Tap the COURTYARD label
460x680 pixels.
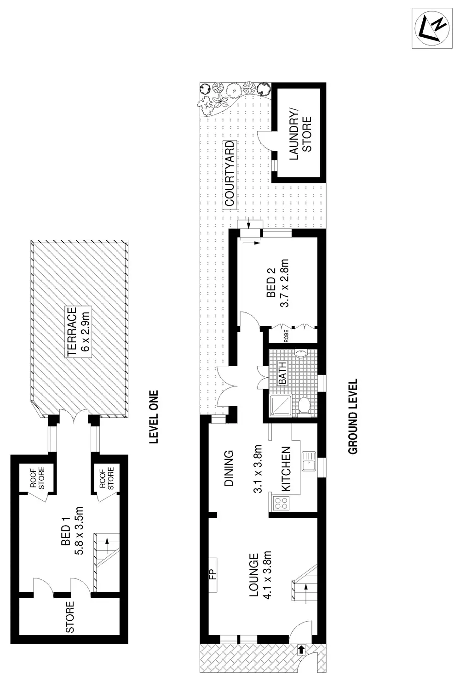click(230, 174)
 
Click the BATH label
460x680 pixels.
click(282, 373)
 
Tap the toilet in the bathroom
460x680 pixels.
click(303, 406)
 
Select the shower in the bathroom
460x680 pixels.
click(280, 405)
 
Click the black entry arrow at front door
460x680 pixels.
click(301, 649)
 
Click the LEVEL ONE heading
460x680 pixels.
click(154, 417)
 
